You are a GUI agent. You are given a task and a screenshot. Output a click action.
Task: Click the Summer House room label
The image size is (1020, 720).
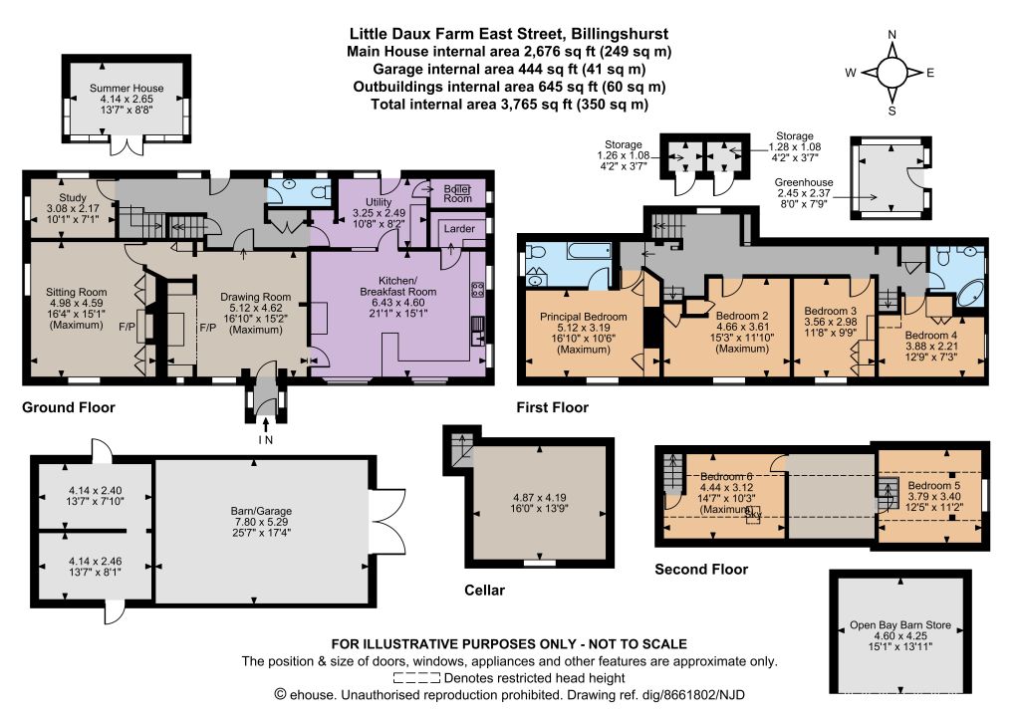[x=127, y=88]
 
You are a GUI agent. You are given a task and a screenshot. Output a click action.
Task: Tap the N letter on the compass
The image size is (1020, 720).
[x=892, y=35]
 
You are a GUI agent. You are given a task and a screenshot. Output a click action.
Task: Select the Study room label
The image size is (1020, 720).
[x=73, y=197]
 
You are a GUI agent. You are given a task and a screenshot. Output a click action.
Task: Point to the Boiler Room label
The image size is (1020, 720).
[x=458, y=194]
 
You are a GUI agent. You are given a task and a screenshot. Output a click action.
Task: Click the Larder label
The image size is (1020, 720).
[x=459, y=228]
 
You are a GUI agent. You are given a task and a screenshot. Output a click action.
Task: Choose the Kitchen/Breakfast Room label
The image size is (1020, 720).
[x=398, y=286]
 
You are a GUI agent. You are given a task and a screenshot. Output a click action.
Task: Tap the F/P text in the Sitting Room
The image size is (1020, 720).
[x=127, y=328]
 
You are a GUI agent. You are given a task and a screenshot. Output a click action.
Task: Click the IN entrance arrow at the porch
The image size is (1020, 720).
[x=265, y=426]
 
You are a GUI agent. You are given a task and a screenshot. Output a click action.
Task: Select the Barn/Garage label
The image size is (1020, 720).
[x=261, y=511]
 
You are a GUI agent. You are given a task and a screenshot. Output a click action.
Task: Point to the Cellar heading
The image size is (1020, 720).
[x=485, y=590]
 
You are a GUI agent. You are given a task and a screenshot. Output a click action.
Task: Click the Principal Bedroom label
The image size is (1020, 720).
[x=584, y=317]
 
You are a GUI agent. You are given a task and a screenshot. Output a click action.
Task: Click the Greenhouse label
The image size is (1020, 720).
[x=804, y=183]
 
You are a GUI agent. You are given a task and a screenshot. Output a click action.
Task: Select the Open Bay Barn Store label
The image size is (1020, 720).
[x=900, y=625]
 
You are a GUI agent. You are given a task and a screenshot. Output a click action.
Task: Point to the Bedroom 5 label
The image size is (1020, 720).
[x=934, y=485]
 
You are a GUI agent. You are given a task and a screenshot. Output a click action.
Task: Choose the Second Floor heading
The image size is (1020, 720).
[x=701, y=569]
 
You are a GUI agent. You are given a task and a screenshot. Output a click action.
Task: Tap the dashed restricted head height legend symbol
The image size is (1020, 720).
[x=417, y=678]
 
